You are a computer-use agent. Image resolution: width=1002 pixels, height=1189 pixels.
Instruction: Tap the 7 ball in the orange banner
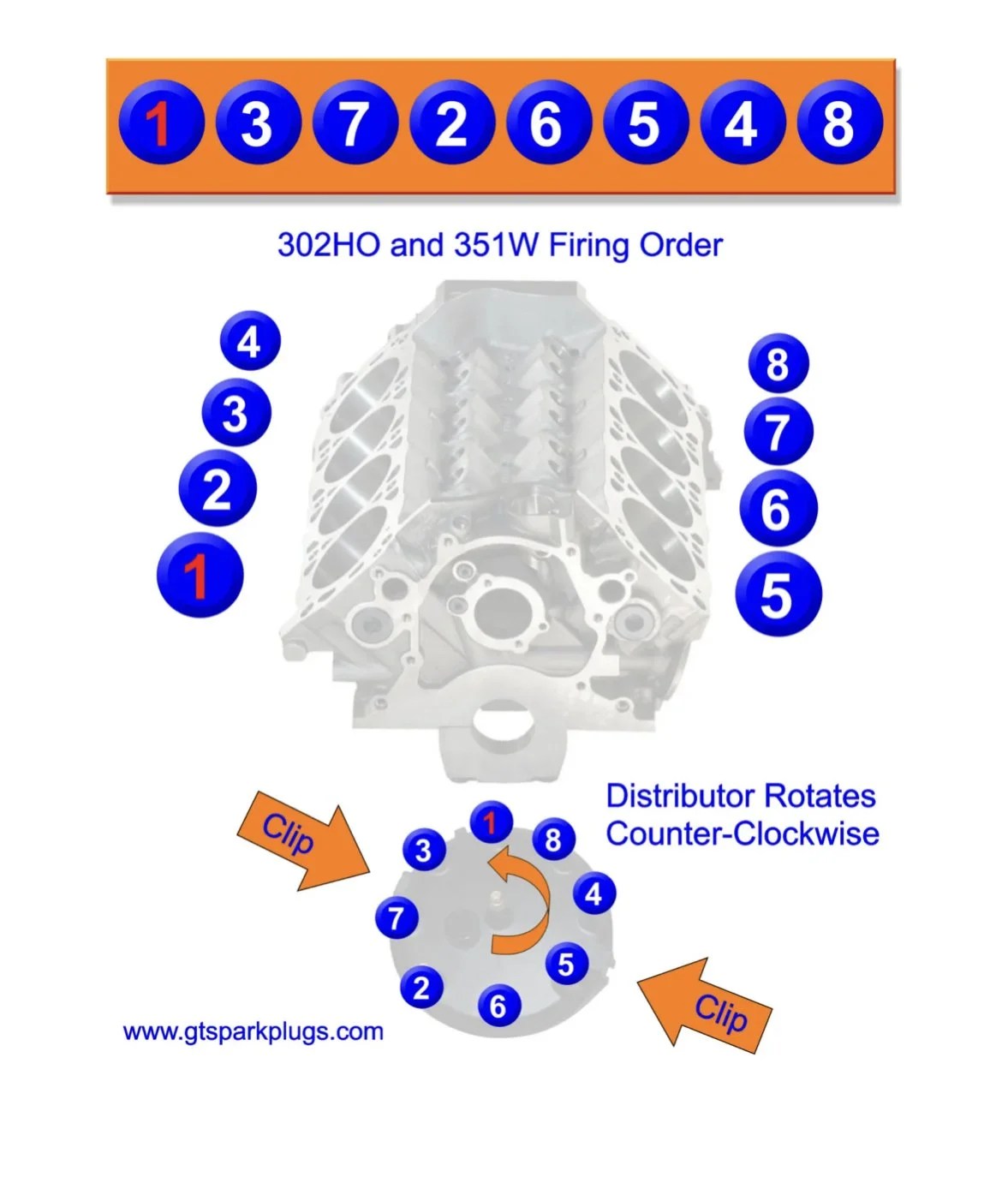[x=354, y=122]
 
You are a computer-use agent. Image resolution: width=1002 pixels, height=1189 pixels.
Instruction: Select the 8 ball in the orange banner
[x=840, y=122]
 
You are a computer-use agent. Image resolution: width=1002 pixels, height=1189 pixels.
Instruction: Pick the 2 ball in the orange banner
[x=450, y=122]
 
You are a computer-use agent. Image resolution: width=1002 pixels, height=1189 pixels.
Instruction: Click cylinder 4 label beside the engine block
[x=250, y=341]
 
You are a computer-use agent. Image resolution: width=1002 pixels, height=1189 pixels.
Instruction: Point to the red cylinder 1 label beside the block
[x=200, y=575]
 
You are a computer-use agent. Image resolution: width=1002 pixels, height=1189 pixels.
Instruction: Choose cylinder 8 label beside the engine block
[x=778, y=363]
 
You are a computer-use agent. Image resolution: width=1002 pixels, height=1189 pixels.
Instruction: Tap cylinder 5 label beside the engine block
[x=778, y=595]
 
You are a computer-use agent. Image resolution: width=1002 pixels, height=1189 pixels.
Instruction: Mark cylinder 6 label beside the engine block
[x=778, y=508]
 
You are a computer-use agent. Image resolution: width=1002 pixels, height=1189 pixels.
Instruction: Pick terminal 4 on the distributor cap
[x=593, y=894]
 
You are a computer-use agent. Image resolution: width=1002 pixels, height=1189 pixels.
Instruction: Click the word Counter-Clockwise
[x=743, y=834]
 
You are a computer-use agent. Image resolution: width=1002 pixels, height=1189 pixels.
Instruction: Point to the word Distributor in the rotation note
[x=682, y=796]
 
